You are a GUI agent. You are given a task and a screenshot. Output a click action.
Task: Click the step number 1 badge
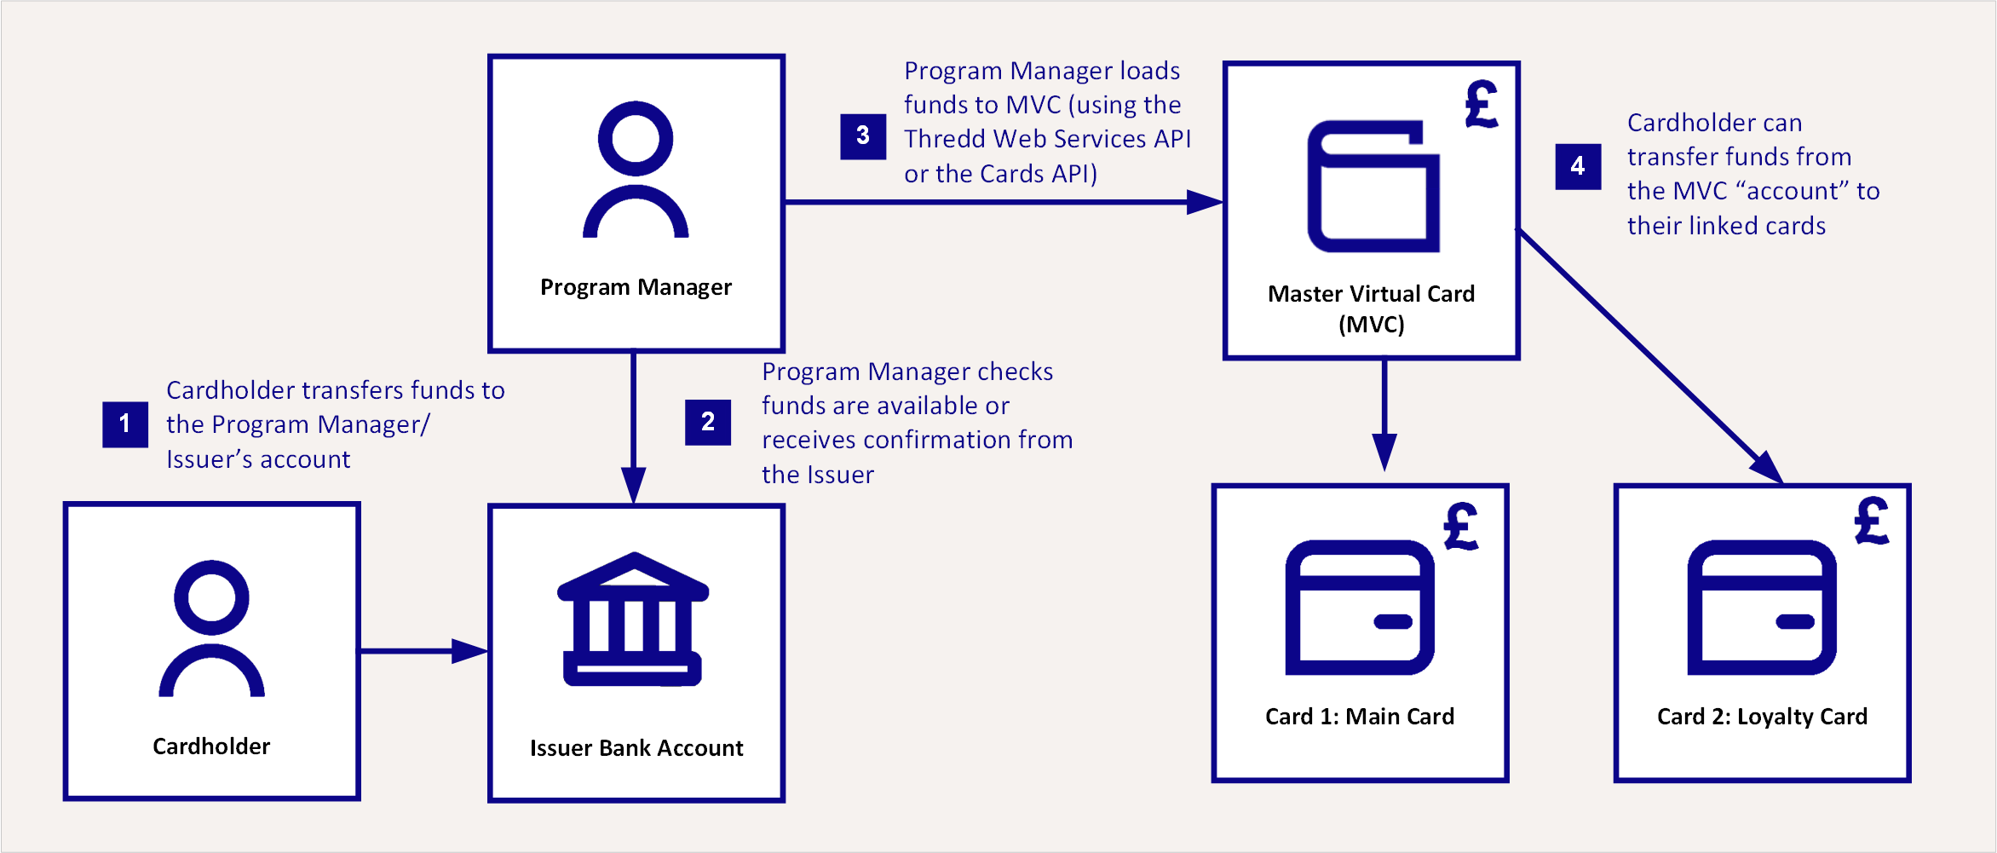125,424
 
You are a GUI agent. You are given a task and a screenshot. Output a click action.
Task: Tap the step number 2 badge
708,422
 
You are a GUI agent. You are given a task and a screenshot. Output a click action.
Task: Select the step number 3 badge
863,136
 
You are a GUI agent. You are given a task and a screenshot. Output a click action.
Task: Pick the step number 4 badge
1578,166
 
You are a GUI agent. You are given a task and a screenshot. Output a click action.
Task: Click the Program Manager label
636,287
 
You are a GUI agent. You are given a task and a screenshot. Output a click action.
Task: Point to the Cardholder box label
211,746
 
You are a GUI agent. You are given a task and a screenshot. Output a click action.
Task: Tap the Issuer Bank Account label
636,748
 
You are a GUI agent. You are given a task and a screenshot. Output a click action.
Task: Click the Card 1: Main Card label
1360,717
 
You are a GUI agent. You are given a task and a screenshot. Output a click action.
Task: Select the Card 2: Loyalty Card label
1762,717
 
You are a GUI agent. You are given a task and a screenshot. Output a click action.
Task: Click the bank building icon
633,620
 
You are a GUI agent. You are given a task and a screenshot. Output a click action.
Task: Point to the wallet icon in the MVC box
1373,187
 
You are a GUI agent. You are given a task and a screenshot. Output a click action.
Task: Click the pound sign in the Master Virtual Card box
1482,104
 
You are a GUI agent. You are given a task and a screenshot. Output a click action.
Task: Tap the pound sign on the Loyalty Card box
1872,521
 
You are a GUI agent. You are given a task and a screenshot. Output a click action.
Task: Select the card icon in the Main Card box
1360,607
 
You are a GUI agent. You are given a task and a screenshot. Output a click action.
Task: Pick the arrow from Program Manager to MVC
1004,202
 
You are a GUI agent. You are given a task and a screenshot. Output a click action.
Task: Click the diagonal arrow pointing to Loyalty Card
1650,356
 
